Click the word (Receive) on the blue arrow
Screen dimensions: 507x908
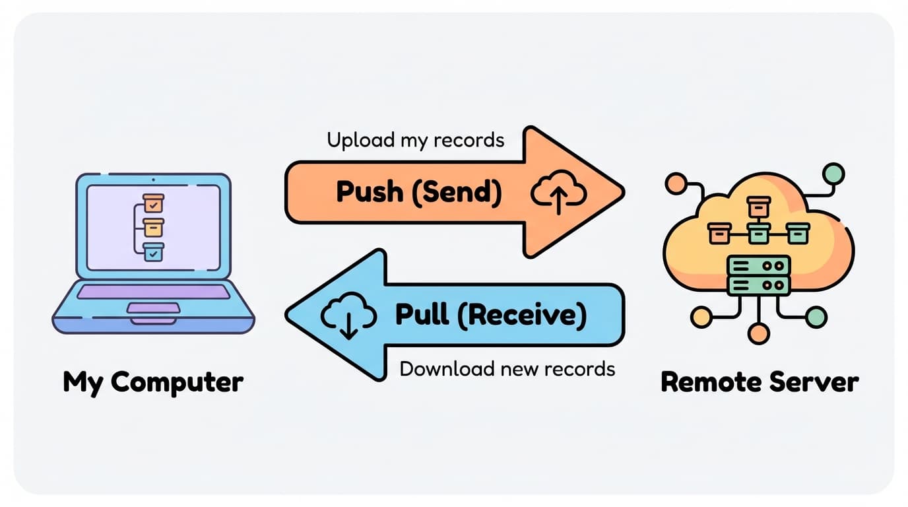(x=521, y=315)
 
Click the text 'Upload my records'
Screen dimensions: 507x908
(x=415, y=140)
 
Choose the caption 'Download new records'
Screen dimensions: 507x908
(x=507, y=368)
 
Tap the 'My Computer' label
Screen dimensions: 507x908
(x=153, y=382)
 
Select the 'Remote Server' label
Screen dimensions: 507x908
(x=760, y=382)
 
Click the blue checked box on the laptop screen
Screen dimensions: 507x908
(x=153, y=252)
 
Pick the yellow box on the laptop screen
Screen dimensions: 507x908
(x=153, y=228)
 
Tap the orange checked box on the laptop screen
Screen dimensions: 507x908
(x=153, y=203)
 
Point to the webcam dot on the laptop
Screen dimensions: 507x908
(x=153, y=180)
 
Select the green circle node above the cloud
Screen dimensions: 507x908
(x=834, y=173)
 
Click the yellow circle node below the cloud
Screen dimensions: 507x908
(x=701, y=317)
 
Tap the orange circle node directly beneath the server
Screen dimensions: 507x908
(x=759, y=333)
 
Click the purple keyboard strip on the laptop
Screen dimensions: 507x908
(x=153, y=292)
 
